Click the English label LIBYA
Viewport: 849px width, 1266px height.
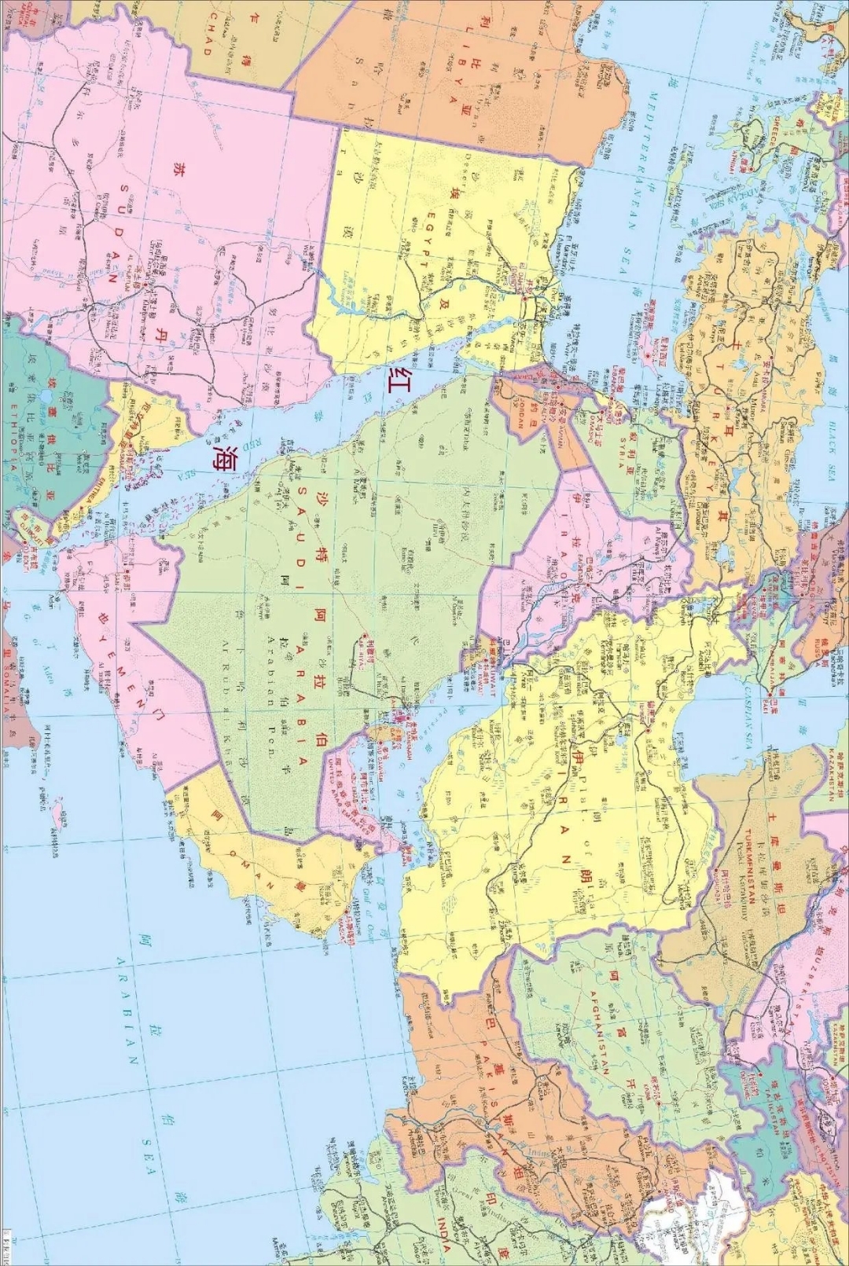(x=454, y=75)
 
